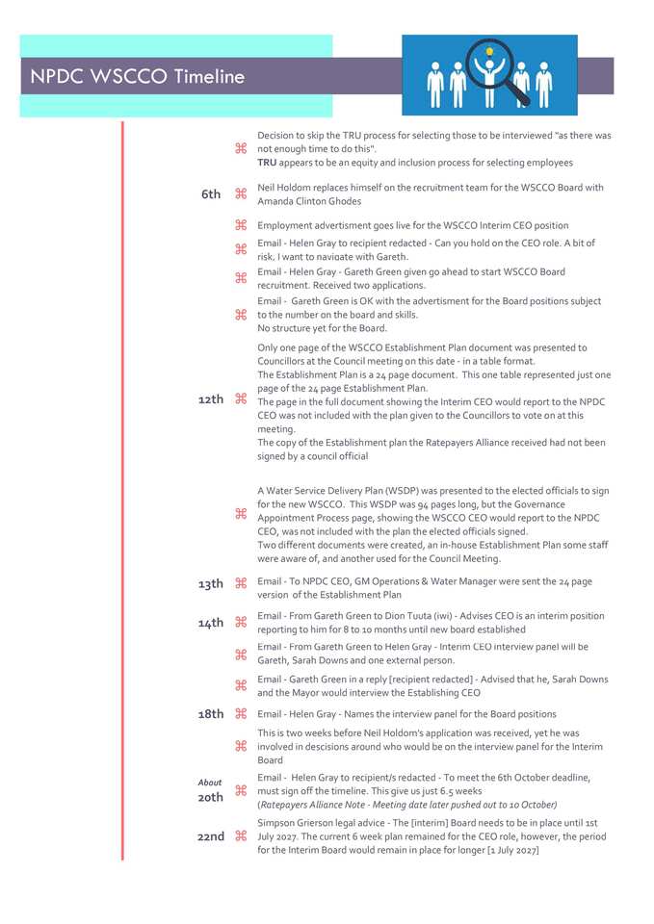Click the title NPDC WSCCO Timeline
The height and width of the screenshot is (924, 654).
click(x=137, y=77)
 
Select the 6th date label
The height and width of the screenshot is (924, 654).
click(x=211, y=194)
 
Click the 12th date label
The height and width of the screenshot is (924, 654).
click(x=210, y=399)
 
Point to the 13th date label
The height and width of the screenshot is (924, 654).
click(x=210, y=584)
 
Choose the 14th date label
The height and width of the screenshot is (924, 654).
click(x=210, y=623)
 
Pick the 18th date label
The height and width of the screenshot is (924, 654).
click(x=210, y=714)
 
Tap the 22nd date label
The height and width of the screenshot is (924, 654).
click(x=210, y=837)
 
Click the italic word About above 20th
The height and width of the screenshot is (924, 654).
click(x=210, y=783)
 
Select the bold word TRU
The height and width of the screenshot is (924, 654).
click(x=267, y=163)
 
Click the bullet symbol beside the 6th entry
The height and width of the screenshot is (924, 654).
click(x=241, y=194)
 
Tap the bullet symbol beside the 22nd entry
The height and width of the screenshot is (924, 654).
click(x=241, y=837)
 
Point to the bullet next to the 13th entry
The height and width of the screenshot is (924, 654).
click(x=241, y=584)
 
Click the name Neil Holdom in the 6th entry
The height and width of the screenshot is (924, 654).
click(x=285, y=188)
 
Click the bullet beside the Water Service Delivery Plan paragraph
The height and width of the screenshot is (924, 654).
click(x=241, y=513)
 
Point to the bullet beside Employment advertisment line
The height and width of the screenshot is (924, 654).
click(x=241, y=225)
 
